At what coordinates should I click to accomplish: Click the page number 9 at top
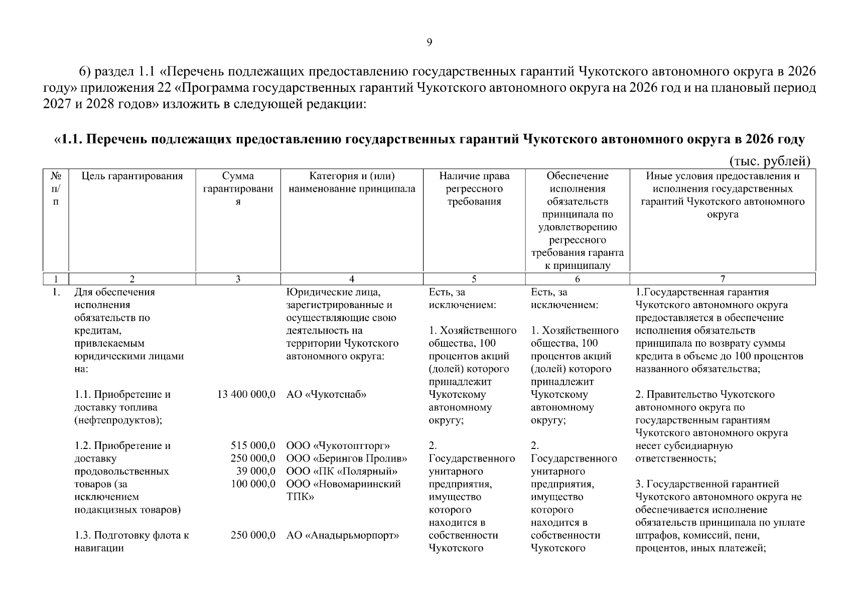[x=429, y=43]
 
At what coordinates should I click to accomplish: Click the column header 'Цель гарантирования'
[x=132, y=176]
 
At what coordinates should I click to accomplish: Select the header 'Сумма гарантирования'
[x=238, y=189]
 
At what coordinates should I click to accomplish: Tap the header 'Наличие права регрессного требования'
[x=474, y=189]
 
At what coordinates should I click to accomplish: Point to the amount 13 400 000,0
[x=246, y=395]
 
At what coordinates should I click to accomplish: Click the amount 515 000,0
[x=253, y=446]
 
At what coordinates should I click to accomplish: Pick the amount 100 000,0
[x=253, y=484]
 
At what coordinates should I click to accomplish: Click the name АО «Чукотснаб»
[x=326, y=395]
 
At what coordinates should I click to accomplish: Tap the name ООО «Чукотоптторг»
[x=338, y=446]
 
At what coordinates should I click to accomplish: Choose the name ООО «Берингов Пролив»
[x=346, y=459]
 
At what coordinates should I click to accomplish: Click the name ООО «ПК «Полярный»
[x=342, y=472]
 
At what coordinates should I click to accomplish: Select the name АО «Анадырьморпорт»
[x=342, y=535]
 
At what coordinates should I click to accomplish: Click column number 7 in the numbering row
[x=723, y=279]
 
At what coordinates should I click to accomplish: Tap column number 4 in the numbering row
[x=352, y=279]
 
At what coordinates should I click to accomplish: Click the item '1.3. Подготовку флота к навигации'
[x=131, y=542]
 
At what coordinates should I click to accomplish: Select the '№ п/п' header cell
[x=56, y=189]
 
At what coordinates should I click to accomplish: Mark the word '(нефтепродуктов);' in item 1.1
[x=118, y=420]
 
